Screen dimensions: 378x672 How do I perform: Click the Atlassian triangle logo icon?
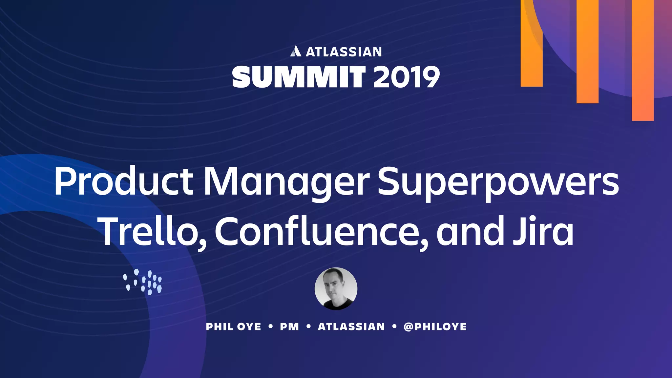click(296, 51)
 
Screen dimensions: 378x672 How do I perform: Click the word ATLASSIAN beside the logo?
click(344, 52)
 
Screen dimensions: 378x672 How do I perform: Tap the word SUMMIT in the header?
click(299, 77)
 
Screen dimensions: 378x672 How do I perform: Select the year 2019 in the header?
click(406, 77)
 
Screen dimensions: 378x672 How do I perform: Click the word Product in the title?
click(124, 181)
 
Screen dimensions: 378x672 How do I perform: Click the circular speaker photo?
click(336, 289)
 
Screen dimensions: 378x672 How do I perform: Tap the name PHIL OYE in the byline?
click(233, 327)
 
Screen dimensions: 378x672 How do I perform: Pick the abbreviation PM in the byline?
click(289, 327)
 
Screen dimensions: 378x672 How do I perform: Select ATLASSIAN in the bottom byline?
click(351, 327)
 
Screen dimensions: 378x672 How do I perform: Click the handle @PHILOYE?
click(435, 327)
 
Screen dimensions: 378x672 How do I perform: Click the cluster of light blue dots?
click(143, 282)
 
